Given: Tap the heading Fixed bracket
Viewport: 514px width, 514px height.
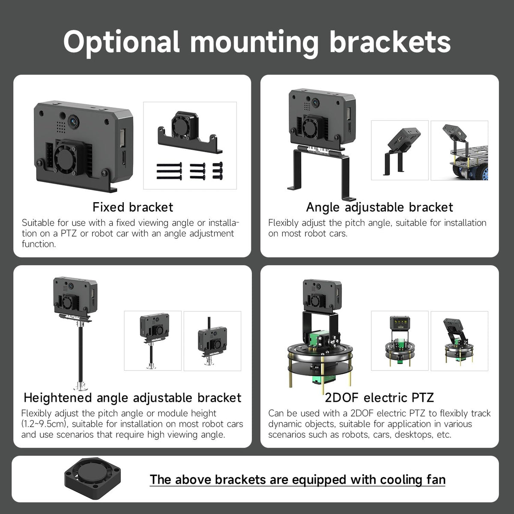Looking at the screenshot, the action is tap(133, 207).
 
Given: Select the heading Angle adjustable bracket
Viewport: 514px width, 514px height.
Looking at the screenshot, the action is tap(380, 207).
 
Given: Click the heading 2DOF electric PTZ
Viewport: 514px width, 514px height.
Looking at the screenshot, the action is tap(380, 397).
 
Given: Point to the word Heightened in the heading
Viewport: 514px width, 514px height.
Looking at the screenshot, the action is tap(57, 398).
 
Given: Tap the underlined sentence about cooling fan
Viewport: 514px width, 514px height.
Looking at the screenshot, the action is tap(297, 480).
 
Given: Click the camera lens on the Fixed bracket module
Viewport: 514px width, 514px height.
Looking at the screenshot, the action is tap(74, 121).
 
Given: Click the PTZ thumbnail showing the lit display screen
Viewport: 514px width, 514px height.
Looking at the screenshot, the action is tap(400, 341).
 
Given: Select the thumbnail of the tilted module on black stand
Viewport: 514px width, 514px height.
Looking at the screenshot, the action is tap(400, 150).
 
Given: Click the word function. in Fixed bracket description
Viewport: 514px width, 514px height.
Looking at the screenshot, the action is tap(39, 244).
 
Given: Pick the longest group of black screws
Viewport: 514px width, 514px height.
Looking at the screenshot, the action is tap(169, 171).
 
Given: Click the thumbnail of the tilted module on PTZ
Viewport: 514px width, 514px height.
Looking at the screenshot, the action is tap(459, 341).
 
